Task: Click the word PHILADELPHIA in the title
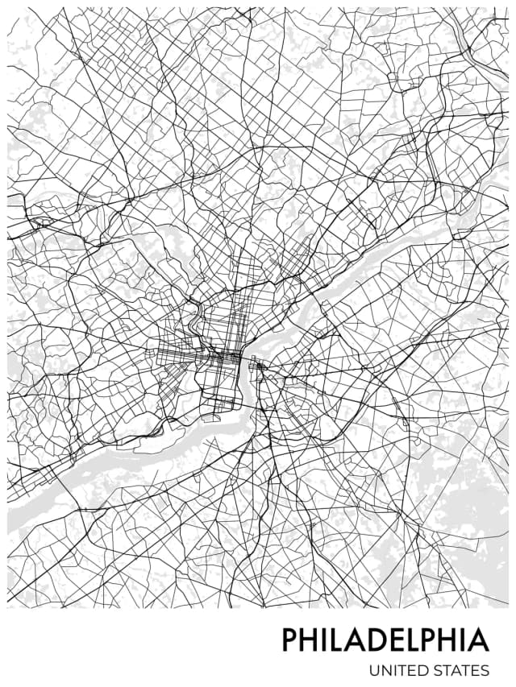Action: coord(385,640)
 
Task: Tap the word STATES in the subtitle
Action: coord(461,670)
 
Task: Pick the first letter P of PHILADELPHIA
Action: coord(290,640)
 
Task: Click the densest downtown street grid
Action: coord(218,354)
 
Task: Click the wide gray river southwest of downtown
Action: coord(121,459)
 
